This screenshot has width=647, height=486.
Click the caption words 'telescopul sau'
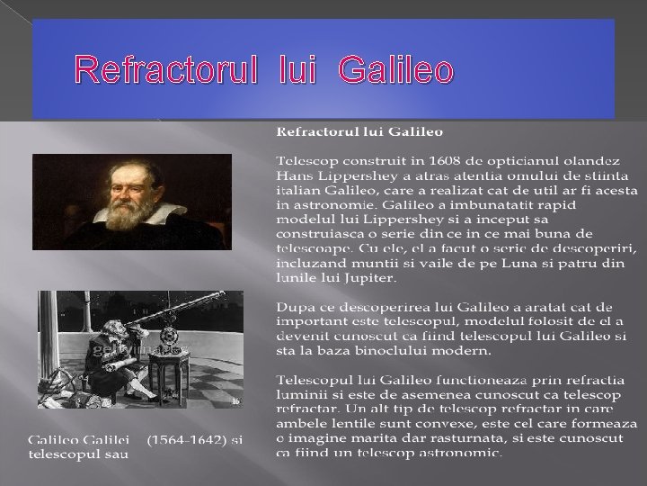78,454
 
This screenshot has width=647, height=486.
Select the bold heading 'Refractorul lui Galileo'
359,132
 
